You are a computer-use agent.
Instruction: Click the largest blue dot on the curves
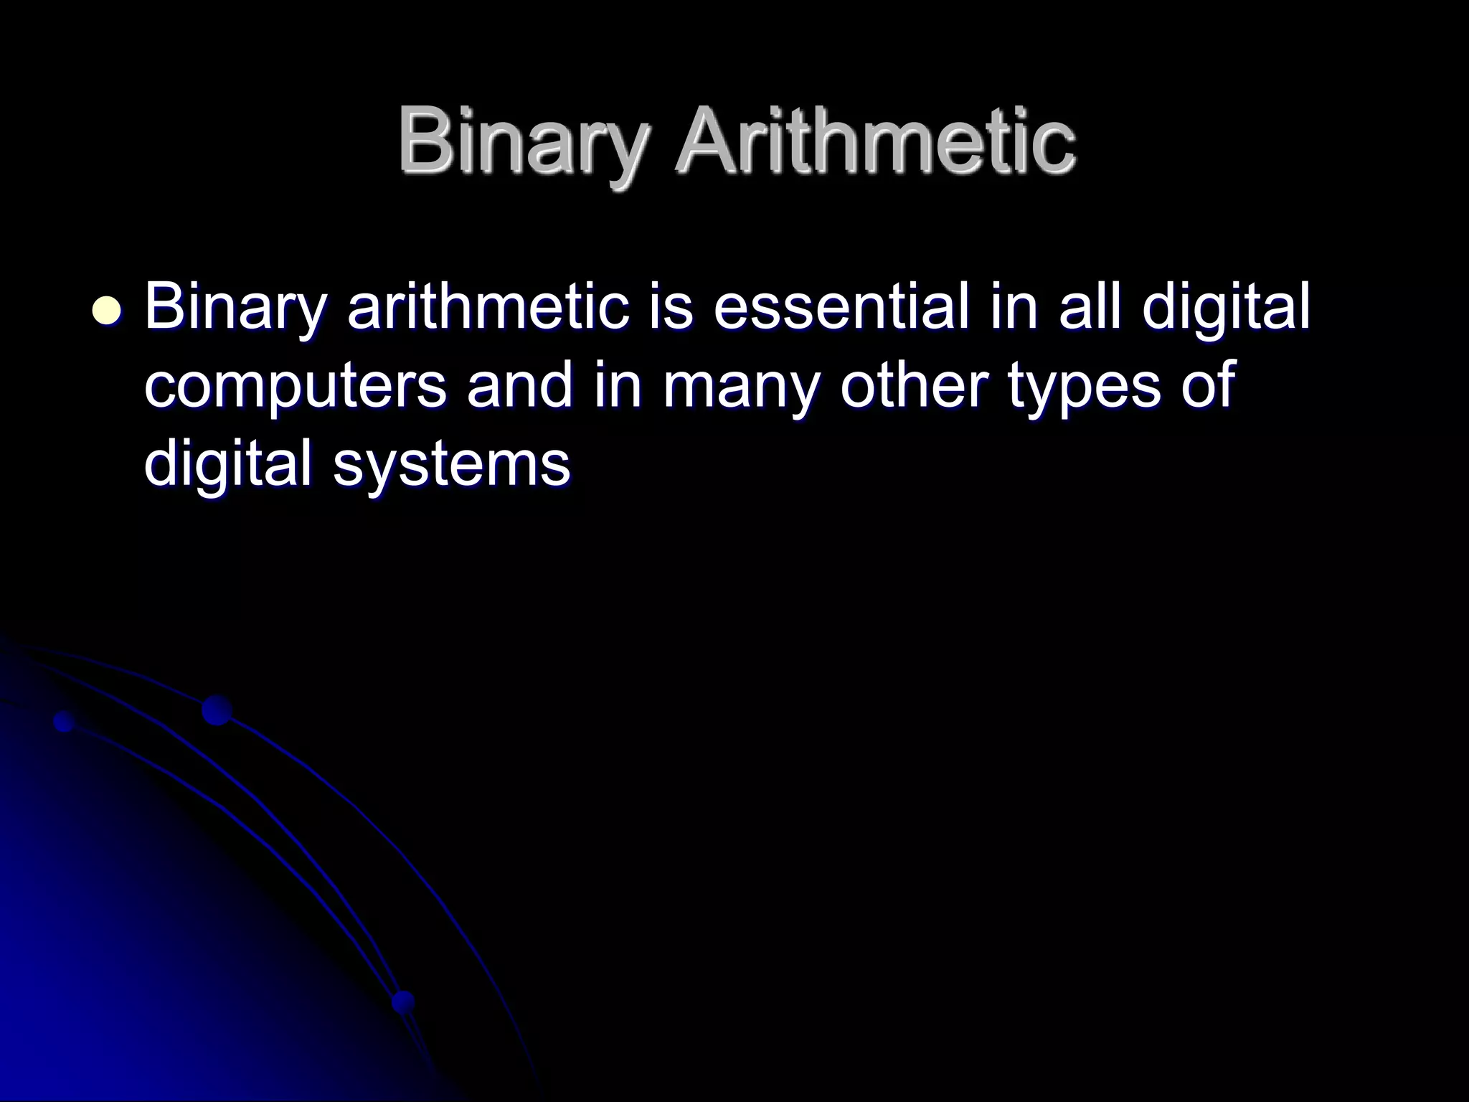click(217, 710)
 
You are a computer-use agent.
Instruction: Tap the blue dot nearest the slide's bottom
click(404, 1002)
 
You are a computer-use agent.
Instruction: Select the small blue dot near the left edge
click(65, 721)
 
